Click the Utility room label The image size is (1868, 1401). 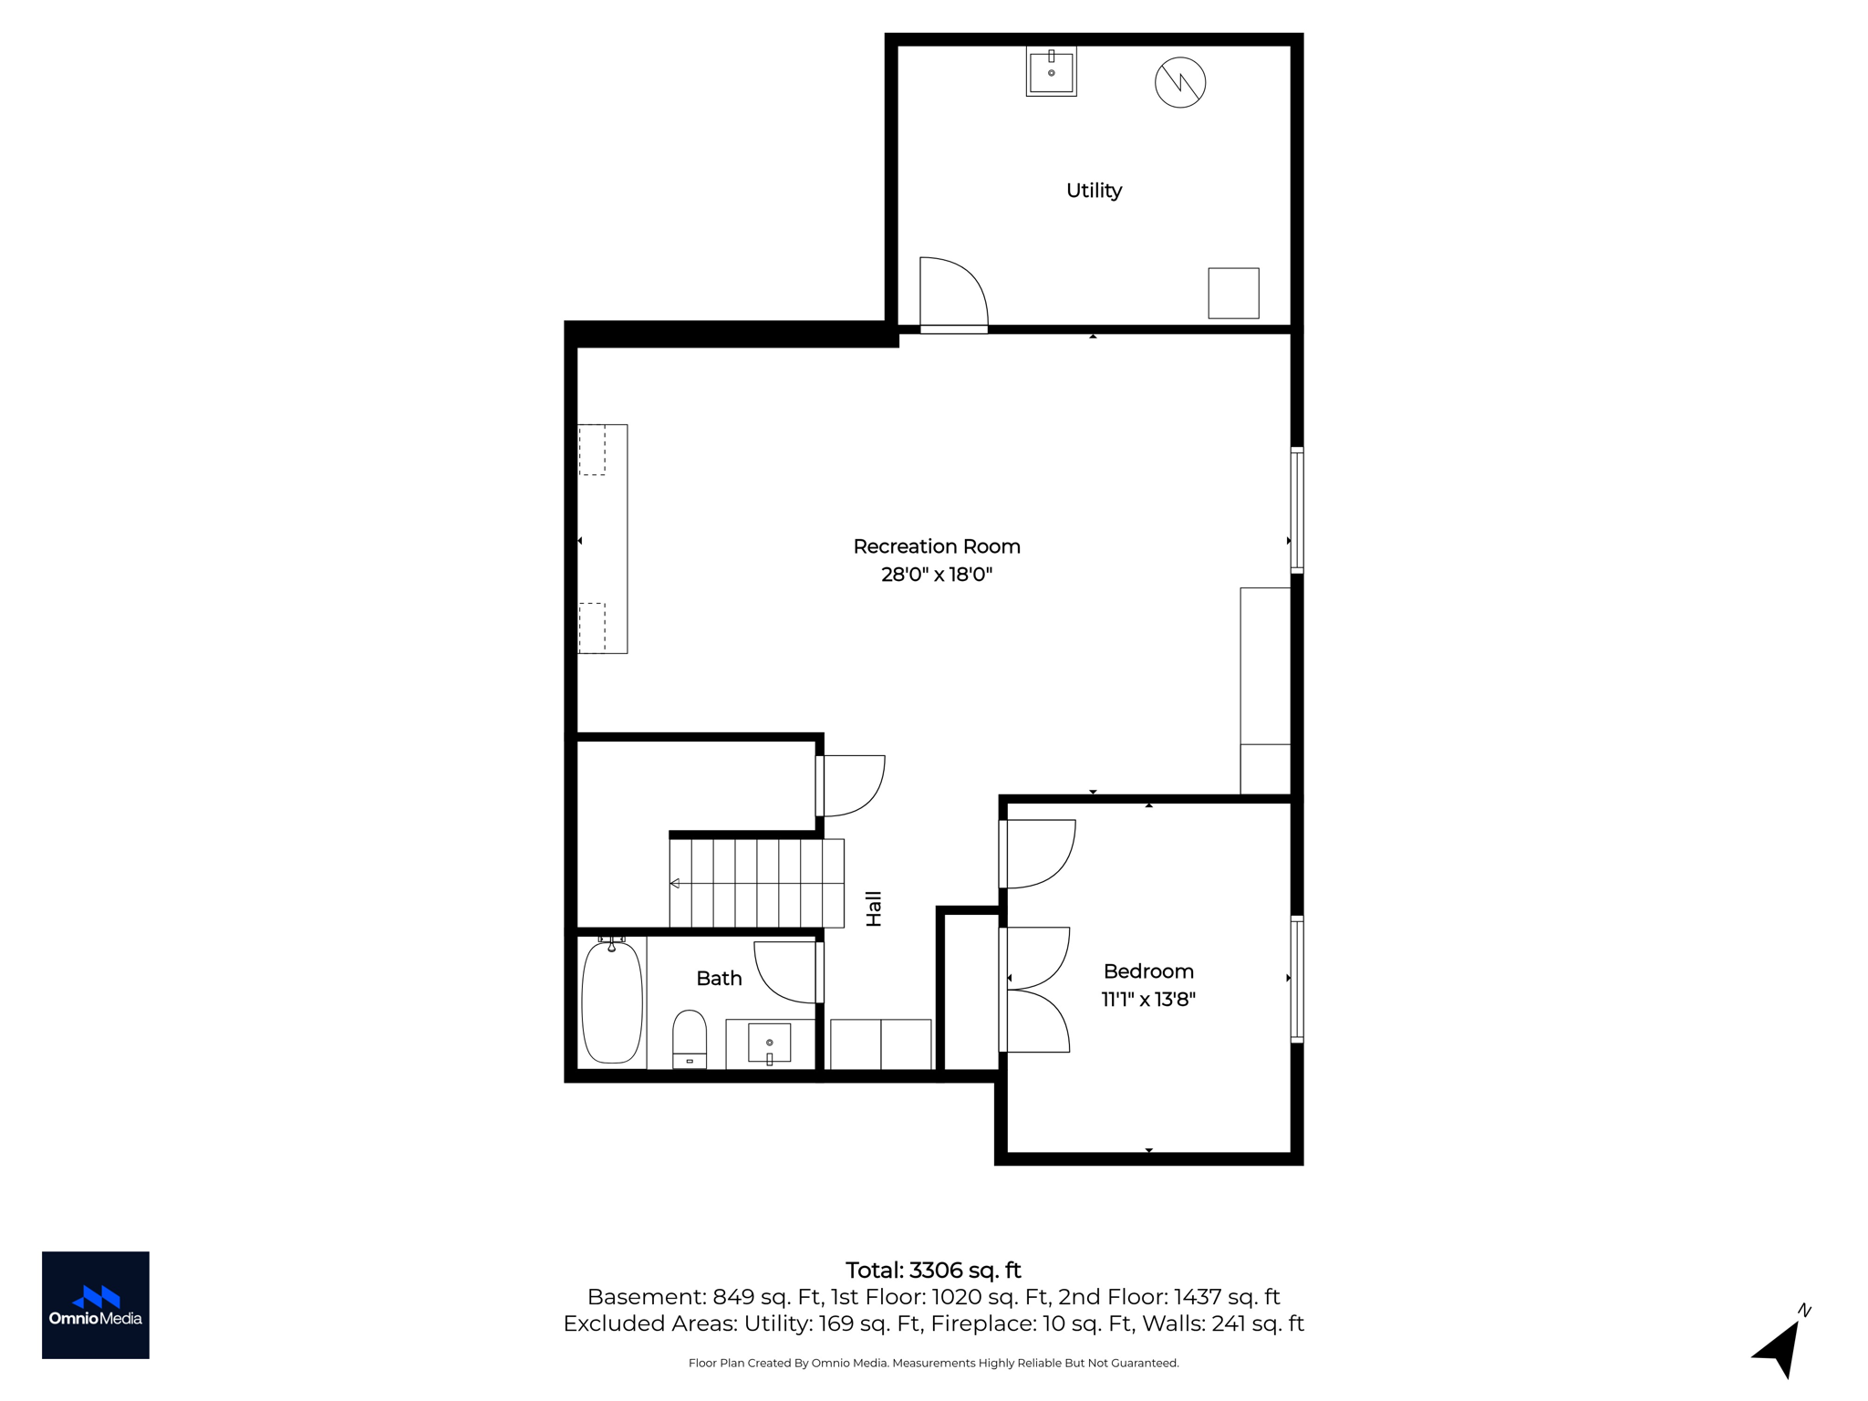click(1094, 191)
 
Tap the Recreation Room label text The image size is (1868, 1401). click(937, 546)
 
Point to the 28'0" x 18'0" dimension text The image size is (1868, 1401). click(937, 575)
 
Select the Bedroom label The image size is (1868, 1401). click(1148, 971)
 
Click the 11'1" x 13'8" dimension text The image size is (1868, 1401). click(1148, 1000)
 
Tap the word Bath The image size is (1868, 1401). click(719, 979)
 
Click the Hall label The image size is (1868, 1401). click(874, 909)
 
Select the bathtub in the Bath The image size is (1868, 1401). click(612, 1001)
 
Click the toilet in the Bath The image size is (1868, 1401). click(690, 1039)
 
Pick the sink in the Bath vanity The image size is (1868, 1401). click(770, 1043)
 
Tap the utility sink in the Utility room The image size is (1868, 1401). click(1051, 71)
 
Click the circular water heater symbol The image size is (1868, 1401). click(1180, 82)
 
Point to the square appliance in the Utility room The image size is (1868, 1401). click(1233, 293)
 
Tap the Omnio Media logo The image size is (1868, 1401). click(96, 1305)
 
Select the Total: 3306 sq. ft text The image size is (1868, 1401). click(933, 1271)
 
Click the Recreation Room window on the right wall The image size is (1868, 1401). click(1297, 510)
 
